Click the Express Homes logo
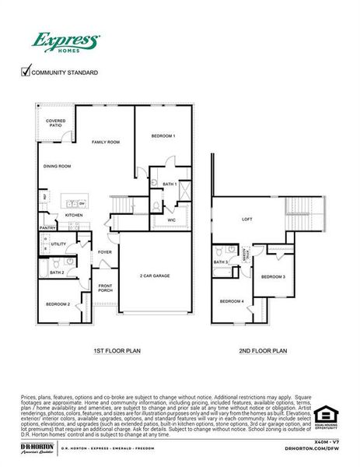(65, 41)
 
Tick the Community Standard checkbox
(25, 72)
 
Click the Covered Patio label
(55, 123)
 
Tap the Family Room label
(106, 142)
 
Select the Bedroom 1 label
(163, 136)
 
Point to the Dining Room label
(57, 166)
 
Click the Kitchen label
(74, 215)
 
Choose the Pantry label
(47, 228)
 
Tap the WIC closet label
(172, 220)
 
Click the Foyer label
(105, 252)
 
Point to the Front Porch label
(106, 288)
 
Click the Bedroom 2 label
(58, 304)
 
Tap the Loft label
(247, 219)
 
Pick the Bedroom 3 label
(273, 277)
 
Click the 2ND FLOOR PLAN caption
(263, 352)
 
